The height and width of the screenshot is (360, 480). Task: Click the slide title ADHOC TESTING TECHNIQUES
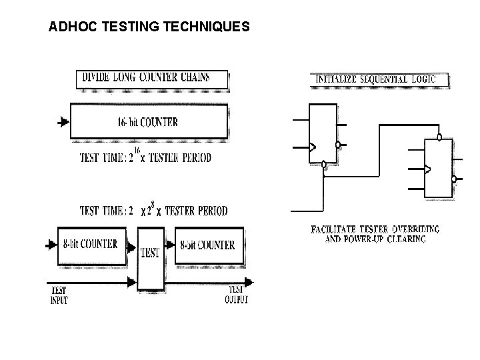click(x=149, y=28)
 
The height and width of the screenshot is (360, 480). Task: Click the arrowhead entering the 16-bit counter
click(x=63, y=123)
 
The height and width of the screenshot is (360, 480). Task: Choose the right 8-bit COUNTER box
click(x=207, y=245)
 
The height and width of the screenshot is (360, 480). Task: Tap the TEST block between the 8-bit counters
click(x=150, y=253)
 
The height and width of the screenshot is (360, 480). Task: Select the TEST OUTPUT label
click(x=238, y=295)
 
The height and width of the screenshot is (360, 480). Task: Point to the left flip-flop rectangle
click(x=323, y=133)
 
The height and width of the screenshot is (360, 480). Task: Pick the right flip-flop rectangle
click(x=439, y=168)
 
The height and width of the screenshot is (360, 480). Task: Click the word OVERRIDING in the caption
click(x=411, y=229)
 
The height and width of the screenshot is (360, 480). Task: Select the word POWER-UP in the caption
click(x=372, y=238)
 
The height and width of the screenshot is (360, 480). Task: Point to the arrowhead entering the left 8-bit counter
click(x=49, y=245)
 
